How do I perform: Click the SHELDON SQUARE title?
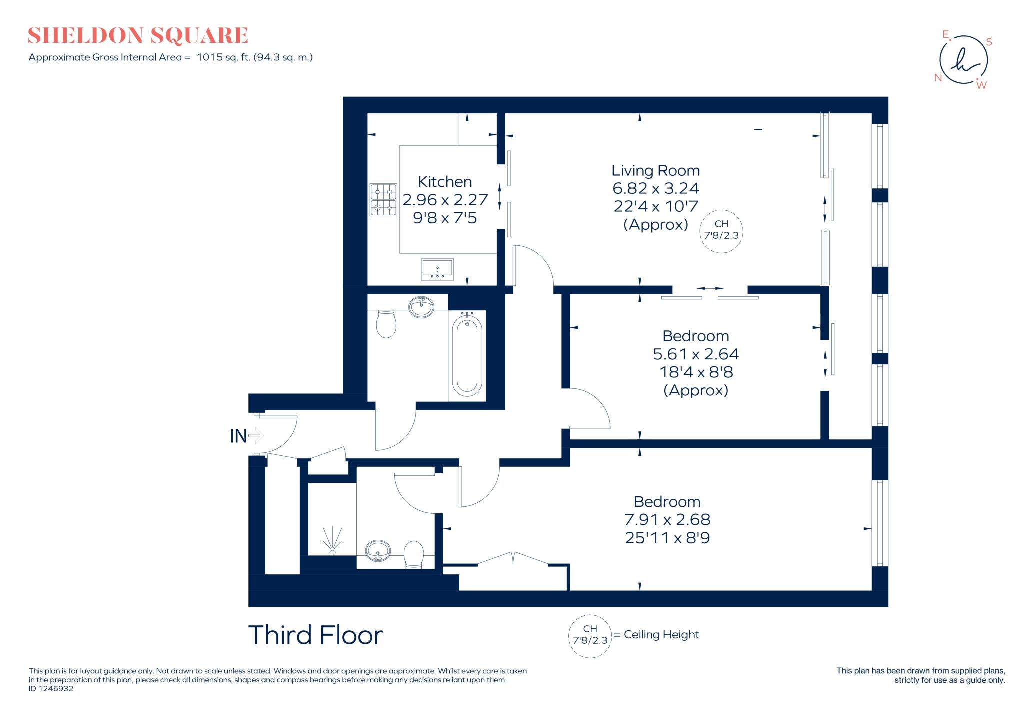138,36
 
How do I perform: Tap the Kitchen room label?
444,182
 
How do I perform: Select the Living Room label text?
655,171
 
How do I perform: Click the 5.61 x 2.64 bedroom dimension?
695,354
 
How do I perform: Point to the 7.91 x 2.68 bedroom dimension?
667,520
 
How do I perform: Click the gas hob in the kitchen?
383,199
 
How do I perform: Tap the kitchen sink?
437,269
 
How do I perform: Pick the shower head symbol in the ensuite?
332,540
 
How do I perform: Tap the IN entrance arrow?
255,435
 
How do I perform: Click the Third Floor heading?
315,635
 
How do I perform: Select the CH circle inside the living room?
721,231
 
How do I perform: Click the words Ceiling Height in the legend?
661,635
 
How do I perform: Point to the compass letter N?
938,78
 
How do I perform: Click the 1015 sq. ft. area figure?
223,57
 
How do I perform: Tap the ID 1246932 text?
51,689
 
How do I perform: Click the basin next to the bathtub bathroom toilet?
421,307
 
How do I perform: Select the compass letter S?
989,42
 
